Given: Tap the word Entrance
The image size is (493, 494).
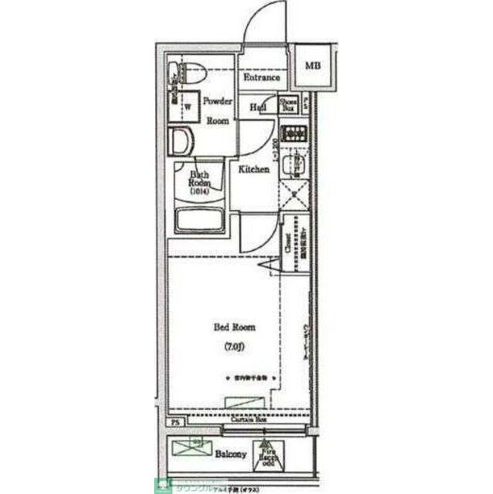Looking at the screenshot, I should [x=262, y=78].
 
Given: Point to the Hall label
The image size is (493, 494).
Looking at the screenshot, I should [x=258, y=107].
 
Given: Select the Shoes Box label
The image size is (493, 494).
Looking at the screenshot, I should [x=289, y=106].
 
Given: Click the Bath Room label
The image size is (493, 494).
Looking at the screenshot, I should [x=200, y=183].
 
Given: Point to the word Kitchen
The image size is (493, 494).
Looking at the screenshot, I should [x=253, y=169].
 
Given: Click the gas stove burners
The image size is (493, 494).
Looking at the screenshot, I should [x=294, y=134].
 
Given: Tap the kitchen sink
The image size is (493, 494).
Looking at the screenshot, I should [x=294, y=164].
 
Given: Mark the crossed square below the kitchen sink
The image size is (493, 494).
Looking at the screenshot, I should [x=293, y=194].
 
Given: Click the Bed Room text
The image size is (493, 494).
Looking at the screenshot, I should [x=235, y=327].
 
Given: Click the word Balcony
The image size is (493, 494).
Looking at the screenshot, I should [x=231, y=455].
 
